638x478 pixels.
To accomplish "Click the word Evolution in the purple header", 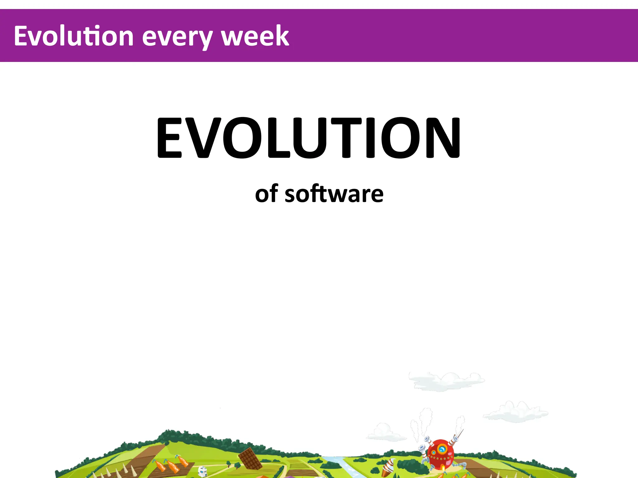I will click(x=74, y=36).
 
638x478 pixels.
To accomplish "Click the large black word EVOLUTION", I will click(x=308, y=138).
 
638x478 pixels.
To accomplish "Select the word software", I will click(x=334, y=194).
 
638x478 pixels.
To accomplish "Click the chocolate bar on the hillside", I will click(x=250, y=458).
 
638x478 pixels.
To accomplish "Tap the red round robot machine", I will click(x=440, y=454).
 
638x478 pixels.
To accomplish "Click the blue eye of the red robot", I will click(x=442, y=449).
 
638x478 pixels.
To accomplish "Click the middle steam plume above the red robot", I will click(x=426, y=420).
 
